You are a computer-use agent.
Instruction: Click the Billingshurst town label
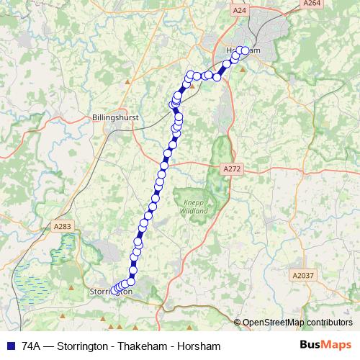coord(116,117)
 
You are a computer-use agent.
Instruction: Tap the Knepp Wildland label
coord(194,207)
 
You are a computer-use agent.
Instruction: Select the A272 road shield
coord(231,168)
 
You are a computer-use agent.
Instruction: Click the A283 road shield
coord(63,226)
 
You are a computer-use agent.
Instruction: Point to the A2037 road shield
coord(303,274)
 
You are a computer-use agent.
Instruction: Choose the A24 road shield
coord(240,11)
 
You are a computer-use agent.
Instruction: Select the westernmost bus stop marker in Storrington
coord(114,290)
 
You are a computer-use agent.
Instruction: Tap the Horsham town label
coord(238,50)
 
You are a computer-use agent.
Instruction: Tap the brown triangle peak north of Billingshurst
coord(127,81)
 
